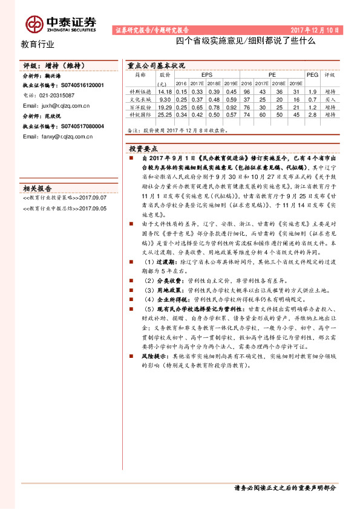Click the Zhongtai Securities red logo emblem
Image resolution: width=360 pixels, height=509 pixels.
(x=34, y=24)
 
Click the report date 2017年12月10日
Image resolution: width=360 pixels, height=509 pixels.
(x=316, y=29)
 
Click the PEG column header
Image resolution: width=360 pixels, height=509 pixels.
(x=312, y=75)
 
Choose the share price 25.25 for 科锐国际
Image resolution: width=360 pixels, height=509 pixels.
(x=165, y=114)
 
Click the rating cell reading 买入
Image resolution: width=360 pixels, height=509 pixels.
(x=330, y=98)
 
